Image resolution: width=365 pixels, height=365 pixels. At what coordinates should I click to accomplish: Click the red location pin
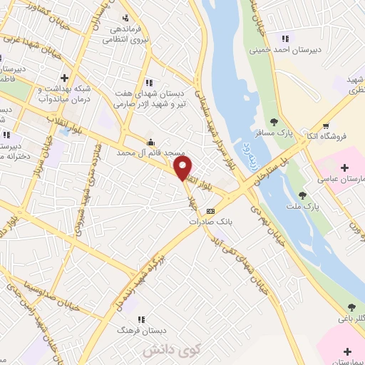pyautogui.click(x=183, y=168)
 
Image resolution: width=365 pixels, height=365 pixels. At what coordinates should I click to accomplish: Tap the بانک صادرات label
pyautogui.click(x=211, y=222)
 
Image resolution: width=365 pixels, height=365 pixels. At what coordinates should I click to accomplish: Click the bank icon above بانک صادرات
pyautogui.click(x=211, y=211)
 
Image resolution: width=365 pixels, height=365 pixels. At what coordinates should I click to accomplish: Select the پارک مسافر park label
pyautogui.click(x=274, y=133)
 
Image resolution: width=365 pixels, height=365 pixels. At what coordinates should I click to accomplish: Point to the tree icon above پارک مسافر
pyautogui.click(x=274, y=122)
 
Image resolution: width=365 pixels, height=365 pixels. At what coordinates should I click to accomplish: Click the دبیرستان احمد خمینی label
pyautogui.click(x=284, y=51)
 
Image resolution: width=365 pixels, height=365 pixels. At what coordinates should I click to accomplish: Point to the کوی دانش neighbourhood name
pyautogui.click(x=163, y=351)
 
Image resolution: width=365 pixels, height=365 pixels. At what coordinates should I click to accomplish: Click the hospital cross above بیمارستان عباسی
pyautogui.click(x=346, y=168)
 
